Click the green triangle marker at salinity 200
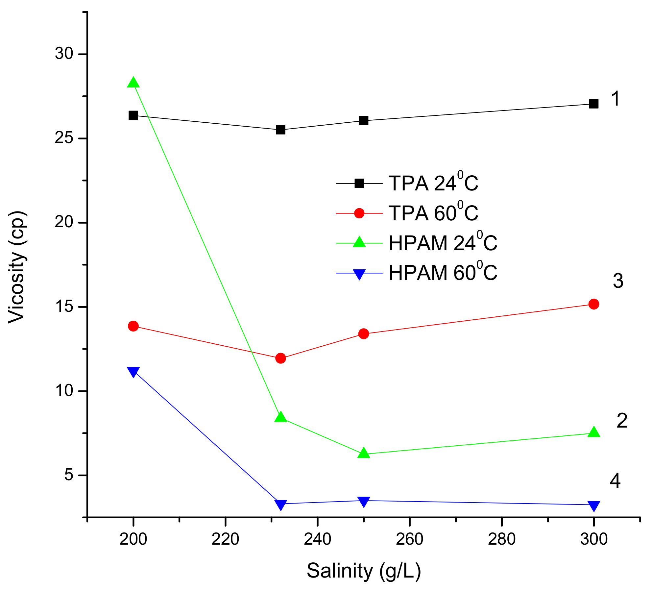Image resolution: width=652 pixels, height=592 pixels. coord(133,83)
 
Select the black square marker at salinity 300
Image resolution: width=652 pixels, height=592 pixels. coord(593,104)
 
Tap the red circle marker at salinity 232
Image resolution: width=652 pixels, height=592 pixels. coord(280,358)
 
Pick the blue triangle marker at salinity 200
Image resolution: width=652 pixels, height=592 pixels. coord(133,372)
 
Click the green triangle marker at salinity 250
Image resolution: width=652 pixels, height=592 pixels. coord(363,453)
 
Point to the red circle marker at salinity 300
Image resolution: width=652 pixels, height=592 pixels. coord(593,304)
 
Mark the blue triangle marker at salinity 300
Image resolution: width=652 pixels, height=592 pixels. coord(593,506)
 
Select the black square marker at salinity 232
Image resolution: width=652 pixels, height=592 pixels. coord(280,130)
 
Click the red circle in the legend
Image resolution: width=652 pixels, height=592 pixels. coord(359,213)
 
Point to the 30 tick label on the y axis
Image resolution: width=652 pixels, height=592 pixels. coord(64,53)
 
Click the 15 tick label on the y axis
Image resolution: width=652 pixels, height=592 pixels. coord(64,307)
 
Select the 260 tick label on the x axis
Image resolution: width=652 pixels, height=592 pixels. coord(409,539)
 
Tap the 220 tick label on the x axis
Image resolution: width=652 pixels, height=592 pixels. coord(225,539)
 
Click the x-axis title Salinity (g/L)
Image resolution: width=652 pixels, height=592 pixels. coord(364,571)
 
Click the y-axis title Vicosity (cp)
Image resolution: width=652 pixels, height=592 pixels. coord(16,267)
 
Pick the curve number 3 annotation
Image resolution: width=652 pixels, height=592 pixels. coord(618,281)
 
